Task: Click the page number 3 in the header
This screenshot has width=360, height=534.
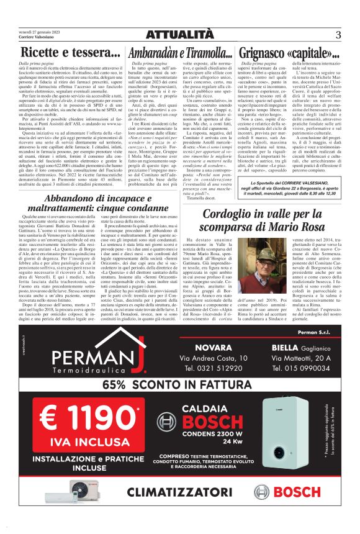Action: (x=338, y=34)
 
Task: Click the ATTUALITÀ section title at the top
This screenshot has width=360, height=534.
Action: (x=179, y=32)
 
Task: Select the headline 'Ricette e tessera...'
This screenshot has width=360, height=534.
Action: (x=66, y=53)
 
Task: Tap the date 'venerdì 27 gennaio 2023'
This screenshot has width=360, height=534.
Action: (x=38, y=29)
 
